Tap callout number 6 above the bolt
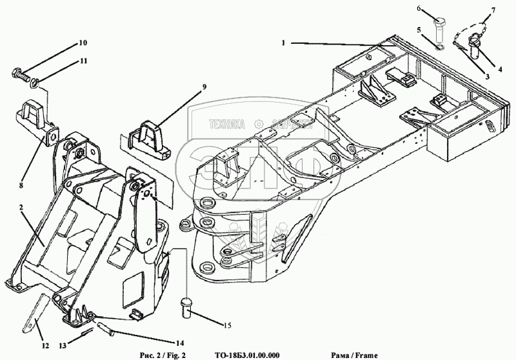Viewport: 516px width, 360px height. point(418,9)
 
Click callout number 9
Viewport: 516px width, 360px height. point(186,86)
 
